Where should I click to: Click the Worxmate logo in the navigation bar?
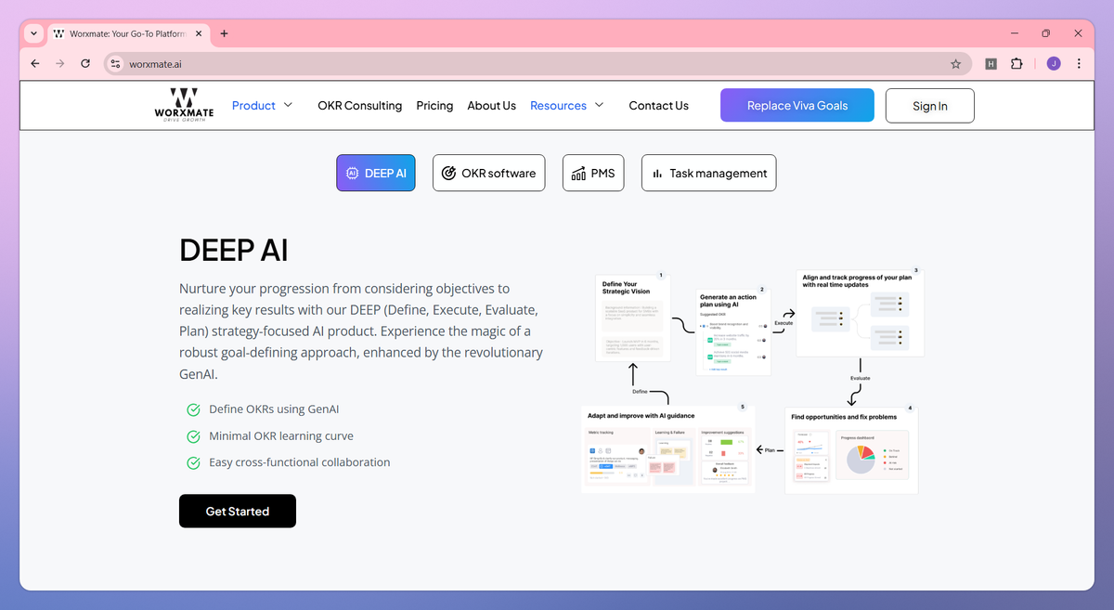(184, 105)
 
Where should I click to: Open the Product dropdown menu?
(262, 106)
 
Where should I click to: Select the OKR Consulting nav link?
(359, 106)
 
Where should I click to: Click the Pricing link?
(434, 106)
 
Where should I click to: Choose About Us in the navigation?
(491, 106)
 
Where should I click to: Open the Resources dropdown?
(566, 106)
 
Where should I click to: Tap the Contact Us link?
(658, 106)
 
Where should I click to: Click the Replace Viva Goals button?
(797, 106)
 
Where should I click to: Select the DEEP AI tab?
(376, 173)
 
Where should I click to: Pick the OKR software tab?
(488, 173)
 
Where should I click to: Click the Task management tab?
(708, 173)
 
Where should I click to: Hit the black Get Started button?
(238, 512)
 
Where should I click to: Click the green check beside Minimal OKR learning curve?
(194, 436)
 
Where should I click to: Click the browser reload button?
(85, 64)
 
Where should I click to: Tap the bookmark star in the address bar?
(955, 64)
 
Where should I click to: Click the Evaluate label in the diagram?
(860, 378)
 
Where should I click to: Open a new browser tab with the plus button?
(224, 33)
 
